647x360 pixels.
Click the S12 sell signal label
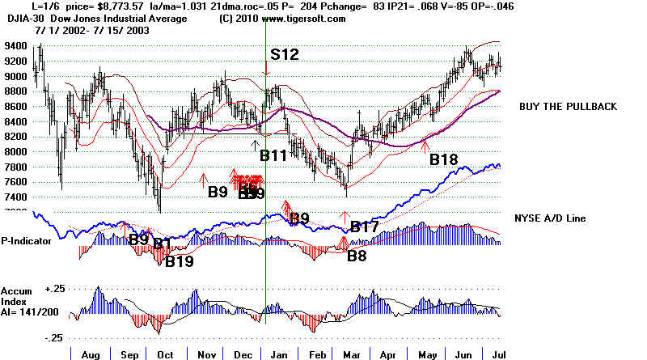coord(284,55)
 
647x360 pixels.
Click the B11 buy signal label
coord(274,155)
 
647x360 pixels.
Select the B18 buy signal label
coord(444,159)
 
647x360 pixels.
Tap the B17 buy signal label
coord(363,227)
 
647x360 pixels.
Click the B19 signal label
coord(179,261)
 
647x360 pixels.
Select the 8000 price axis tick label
coord(15,151)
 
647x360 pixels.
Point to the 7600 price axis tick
coord(15,181)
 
